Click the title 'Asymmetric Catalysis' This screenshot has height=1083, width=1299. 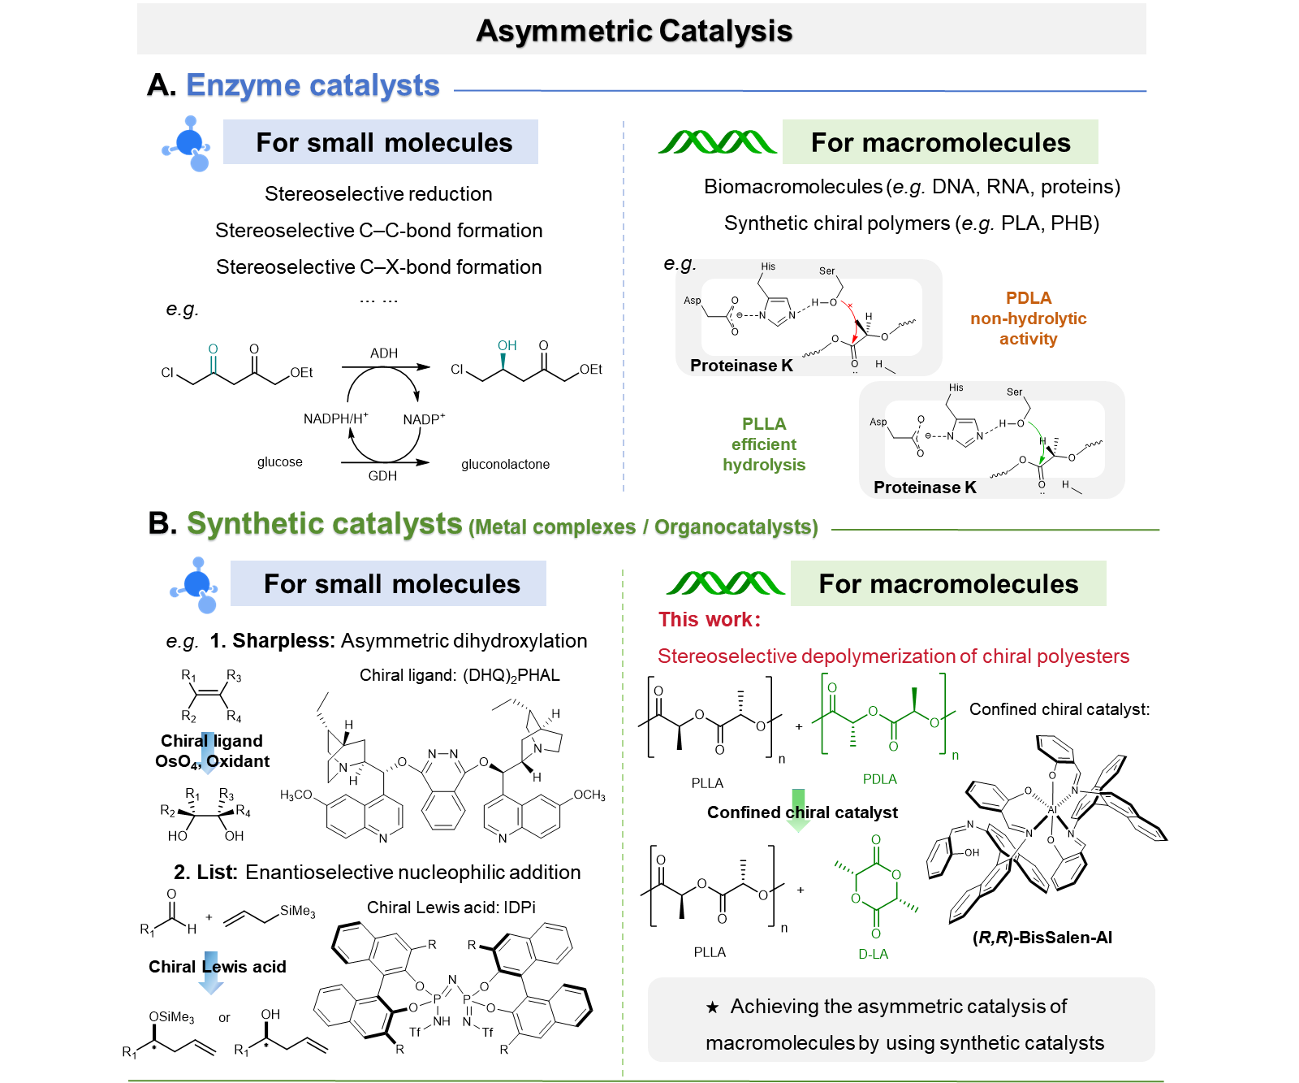633,31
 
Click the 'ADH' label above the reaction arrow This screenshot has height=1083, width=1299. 384,353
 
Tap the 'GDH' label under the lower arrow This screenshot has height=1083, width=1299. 382,476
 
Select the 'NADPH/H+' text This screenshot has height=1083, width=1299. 335,418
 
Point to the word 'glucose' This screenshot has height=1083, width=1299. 280,462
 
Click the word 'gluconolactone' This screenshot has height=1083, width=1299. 505,465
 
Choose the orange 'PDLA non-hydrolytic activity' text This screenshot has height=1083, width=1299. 1028,318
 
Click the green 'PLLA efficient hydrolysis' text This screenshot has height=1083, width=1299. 764,444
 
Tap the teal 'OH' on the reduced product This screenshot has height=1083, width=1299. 507,346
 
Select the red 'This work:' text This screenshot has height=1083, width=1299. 710,620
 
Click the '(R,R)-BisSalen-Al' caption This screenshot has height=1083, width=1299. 1042,938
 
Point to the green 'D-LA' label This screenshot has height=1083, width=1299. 874,954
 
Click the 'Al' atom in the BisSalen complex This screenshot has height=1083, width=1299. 1052,810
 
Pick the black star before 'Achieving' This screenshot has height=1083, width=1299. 712,1007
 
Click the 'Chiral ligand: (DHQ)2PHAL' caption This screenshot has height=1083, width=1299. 460,676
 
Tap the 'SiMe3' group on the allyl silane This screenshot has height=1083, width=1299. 297,911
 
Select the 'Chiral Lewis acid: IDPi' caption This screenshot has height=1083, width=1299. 451,908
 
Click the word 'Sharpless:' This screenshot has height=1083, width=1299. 283,641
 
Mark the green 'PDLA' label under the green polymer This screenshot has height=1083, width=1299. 879,779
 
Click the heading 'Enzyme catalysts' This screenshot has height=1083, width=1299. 313,85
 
